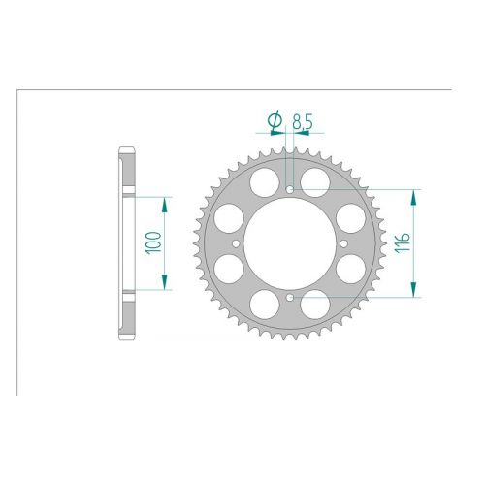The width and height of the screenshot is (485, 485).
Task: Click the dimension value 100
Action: coord(154,242)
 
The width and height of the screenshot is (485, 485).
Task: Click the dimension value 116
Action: coord(402,242)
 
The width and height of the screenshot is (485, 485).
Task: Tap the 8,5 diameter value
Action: coord(303,122)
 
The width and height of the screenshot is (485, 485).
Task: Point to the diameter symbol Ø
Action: coord(275,120)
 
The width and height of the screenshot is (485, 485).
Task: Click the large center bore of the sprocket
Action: coord(290,243)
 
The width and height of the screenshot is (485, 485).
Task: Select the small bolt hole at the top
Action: coord(290,189)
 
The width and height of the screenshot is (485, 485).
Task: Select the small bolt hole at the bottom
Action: coord(290,297)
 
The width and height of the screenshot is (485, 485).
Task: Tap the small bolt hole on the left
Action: coord(236,243)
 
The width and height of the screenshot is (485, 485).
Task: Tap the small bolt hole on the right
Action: coord(343,243)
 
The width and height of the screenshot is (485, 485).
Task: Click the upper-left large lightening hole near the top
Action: coord(265,182)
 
